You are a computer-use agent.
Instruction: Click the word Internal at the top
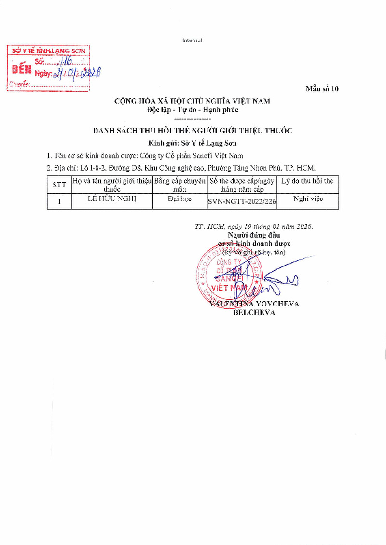(x=192, y=40)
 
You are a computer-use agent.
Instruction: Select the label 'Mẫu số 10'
(x=322, y=89)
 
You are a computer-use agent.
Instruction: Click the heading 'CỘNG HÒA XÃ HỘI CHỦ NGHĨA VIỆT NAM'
(x=192, y=101)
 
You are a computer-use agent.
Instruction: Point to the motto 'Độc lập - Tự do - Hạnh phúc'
(x=193, y=110)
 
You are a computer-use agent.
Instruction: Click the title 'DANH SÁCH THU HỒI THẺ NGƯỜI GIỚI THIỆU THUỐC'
(x=192, y=131)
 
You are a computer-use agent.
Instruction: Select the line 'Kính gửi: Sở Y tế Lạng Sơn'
(x=193, y=143)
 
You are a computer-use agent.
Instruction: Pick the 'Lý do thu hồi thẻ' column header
(x=307, y=181)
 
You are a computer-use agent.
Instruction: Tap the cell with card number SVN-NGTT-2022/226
(x=242, y=202)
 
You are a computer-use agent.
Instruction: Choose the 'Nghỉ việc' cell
(x=308, y=199)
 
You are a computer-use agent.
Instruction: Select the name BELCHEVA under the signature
(x=254, y=312)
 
